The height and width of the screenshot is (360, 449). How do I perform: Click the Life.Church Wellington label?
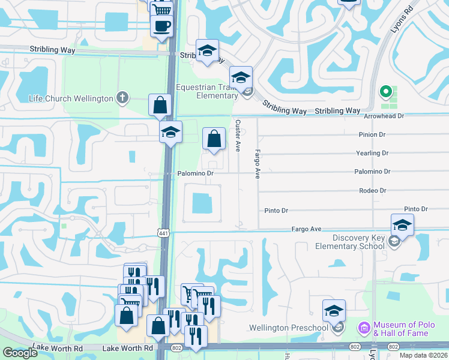(71, 98)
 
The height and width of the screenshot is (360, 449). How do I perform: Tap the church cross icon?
(122, 98)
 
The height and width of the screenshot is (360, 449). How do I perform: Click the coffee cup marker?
(162, 26)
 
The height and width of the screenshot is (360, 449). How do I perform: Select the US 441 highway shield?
(163, 232)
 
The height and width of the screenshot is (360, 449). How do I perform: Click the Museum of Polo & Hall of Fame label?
(402, 329)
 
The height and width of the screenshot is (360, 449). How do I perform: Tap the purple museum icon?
(363, 328)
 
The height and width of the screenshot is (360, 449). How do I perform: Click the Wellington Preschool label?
(289, 328)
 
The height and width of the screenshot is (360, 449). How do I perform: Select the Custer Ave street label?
(238, 135)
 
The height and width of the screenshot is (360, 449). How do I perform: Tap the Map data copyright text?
(423, 355)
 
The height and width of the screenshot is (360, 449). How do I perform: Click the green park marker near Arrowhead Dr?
(387, 93)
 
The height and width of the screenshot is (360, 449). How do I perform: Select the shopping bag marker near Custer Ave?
(214, 139)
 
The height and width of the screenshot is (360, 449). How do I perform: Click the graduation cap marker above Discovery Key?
(402, 226)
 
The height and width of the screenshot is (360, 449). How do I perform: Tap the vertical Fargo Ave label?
(258, 163)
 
